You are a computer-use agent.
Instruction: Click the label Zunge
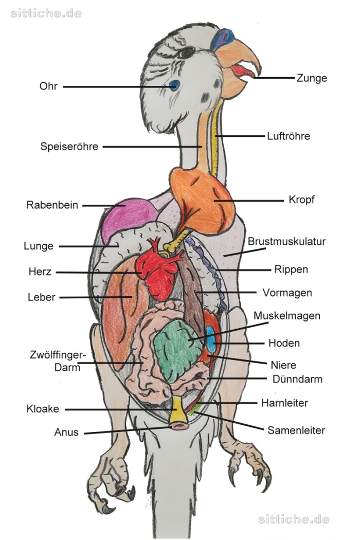[x=312, y=78]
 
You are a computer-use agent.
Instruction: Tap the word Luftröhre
[x=289, y=136]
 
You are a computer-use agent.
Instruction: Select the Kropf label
[x=301, y=200]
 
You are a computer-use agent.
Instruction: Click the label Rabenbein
[x=52, y=205]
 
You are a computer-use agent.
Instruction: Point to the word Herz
[x=40, y=272]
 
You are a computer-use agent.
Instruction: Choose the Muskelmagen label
[x=287, y=316]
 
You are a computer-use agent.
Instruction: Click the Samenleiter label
[x=296, y=430]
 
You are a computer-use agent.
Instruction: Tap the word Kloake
[x=43, y=409]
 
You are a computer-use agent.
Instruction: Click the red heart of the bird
[x=159, y=270]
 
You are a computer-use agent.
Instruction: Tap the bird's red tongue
[x=242, y=71]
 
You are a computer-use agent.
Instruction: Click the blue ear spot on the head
[x=174, y=85]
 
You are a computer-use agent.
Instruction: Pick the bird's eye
[x=186, y=52]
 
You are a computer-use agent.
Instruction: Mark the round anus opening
[x=179, y=425]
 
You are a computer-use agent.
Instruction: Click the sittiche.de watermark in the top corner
[x=46, y=13]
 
